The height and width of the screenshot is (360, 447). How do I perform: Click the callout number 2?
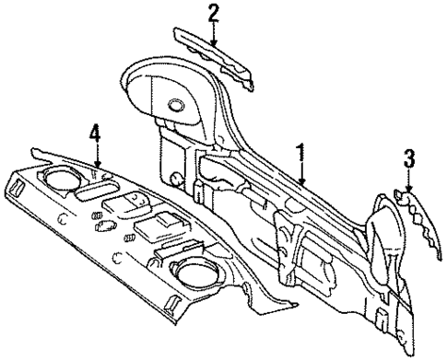tap(213, 13)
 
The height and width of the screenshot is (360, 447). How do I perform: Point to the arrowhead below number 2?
tap(213, 44)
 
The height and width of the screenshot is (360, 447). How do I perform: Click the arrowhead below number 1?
tap(300, 186)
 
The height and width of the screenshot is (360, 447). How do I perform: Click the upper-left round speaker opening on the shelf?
tap(61, 178)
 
